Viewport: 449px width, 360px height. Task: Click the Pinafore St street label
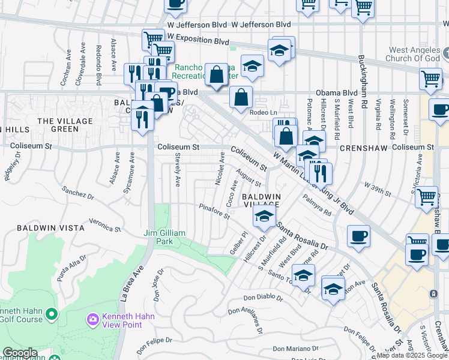(215, 211)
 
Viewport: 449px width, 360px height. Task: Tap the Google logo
(20, 353)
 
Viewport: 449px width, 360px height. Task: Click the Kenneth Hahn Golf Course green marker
(52, 314)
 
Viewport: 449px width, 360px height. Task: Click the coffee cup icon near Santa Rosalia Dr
(359, 235)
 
